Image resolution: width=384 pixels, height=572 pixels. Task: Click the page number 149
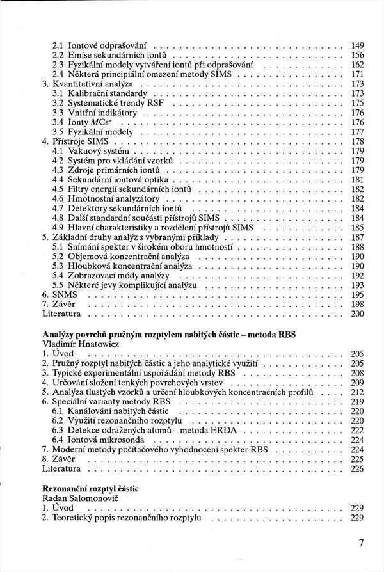(357, 45)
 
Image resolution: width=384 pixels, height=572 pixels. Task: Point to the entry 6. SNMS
(56, 294)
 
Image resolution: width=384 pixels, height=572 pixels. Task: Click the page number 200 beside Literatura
(357, 314)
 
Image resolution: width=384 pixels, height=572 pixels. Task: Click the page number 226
(357, 468)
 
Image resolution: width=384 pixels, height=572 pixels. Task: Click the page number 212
(357, 392)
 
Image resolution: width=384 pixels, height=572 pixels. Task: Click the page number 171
(357, 74)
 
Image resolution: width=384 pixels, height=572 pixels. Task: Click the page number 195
(357, 294)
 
